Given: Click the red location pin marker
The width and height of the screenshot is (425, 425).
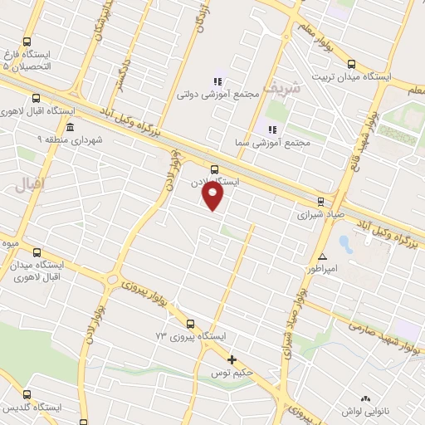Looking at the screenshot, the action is [214, 196].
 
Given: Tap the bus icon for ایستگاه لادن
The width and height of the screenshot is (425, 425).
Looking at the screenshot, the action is [215, 169].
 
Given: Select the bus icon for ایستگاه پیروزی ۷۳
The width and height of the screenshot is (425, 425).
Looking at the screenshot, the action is [190, 324].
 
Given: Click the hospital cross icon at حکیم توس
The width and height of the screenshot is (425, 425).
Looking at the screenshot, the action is [232, 359].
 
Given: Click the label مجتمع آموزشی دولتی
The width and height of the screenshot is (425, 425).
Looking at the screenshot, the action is [218, 95].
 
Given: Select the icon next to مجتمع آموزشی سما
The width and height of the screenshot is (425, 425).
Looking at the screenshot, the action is [271, 129].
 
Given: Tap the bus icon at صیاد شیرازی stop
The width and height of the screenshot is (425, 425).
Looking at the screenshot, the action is [320, 201].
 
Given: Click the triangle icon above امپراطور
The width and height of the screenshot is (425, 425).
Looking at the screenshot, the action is [322, 256].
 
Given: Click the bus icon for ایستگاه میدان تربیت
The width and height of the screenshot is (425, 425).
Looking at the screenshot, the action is [351, 64].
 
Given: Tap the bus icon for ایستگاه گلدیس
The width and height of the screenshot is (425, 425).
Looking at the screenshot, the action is [27, 395].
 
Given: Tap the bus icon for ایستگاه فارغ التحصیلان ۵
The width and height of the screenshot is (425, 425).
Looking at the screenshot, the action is [27, 42].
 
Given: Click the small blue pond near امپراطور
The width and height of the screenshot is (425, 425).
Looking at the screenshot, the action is [345, 245].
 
